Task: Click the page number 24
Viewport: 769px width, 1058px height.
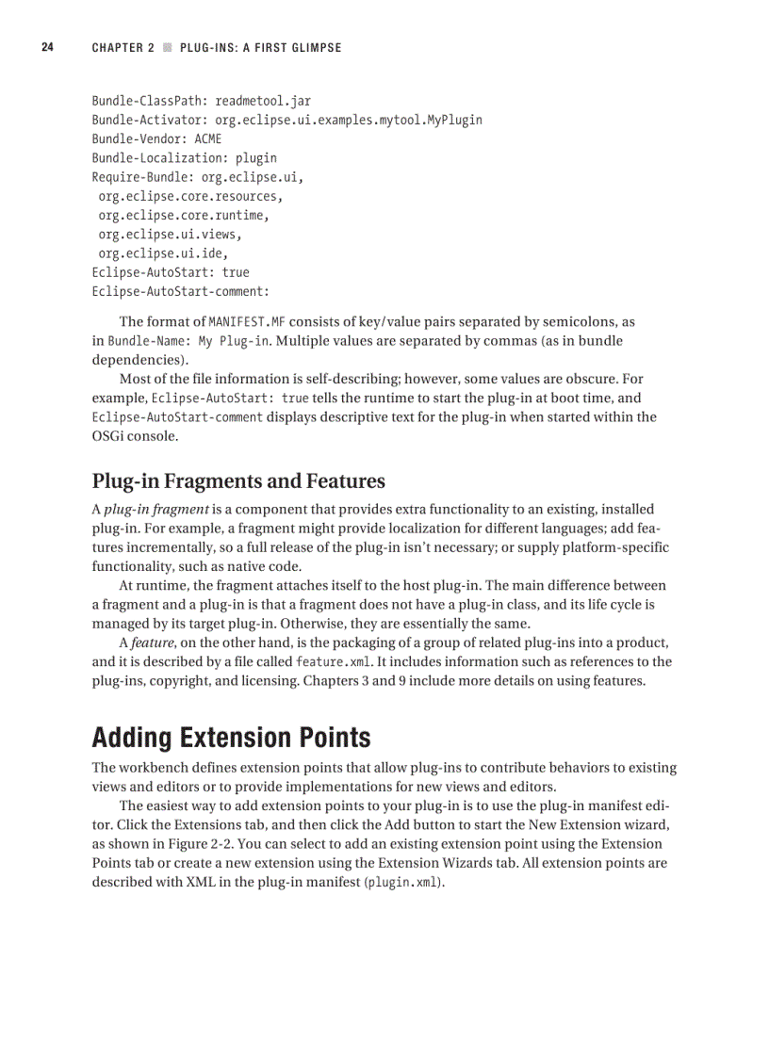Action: pos(46,47)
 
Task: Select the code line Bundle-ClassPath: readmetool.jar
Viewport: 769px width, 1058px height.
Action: pos(201,101)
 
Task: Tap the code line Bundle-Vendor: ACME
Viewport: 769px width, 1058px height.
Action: pos(156,138)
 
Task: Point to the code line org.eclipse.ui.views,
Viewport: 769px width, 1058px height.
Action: pos(170,234)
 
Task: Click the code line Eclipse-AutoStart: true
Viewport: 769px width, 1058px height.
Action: pos(171,272)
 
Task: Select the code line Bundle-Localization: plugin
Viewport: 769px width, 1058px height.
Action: pos(184,158)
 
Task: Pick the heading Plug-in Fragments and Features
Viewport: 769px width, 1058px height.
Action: pos(238,481)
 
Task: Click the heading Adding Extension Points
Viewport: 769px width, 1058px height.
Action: pos(231,737)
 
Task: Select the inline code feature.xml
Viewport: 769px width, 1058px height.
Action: pos(335,662)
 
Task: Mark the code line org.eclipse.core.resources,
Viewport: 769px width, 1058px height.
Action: pos(190,196)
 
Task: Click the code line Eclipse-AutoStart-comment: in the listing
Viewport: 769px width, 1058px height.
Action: pos(180,291)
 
